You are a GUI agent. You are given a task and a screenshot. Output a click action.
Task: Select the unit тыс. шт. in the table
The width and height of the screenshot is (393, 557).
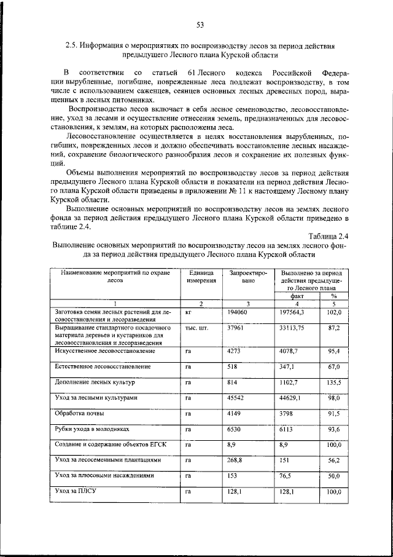[x=196, y=328]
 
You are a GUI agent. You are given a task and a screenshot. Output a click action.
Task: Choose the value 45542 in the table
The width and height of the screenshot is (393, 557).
[x=236, y=398]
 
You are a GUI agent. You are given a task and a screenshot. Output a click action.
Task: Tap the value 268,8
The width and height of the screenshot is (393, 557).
[x=236, y=460]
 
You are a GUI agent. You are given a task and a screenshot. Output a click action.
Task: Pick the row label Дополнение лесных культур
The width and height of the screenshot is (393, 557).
[x=94, y=382]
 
